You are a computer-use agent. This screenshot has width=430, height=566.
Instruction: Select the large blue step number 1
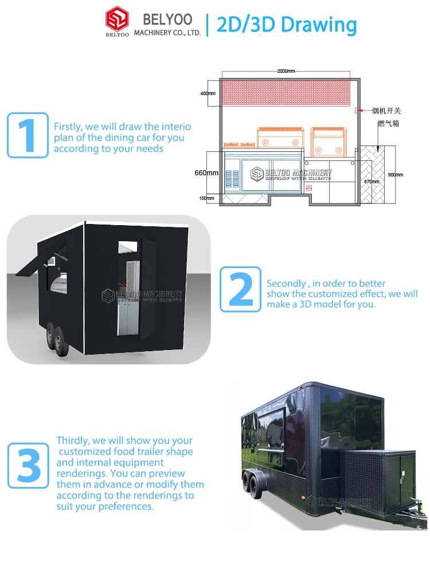pos(28,135)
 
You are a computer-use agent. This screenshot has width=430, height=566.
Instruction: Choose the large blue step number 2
pos(241,289)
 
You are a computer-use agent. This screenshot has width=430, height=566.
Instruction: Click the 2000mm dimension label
pos(286,71)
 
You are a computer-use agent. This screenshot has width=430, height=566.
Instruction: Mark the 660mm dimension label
pos(206,172)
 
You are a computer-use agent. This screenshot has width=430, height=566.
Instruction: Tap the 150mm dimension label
pos(206,199)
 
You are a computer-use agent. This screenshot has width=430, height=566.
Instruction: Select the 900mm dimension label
pos(395,175)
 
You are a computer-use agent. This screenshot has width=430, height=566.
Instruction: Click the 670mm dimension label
pos(372,182)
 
